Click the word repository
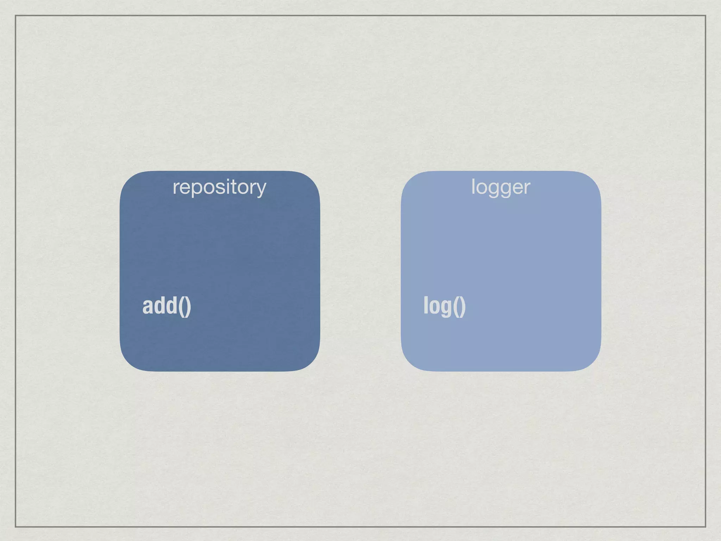(x=219, y=187)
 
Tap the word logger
(x=500, y=187)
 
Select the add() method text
(x=167, y=306)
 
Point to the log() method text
(x=444, y=306)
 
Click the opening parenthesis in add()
(x=181, y=306)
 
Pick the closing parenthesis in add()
(x=188, y=306)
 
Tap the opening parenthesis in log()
(x=456, y=306)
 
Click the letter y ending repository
(x=261, y=188)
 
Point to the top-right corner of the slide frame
(x=706, y=15)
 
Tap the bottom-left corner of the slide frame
(x=15, y=527)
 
